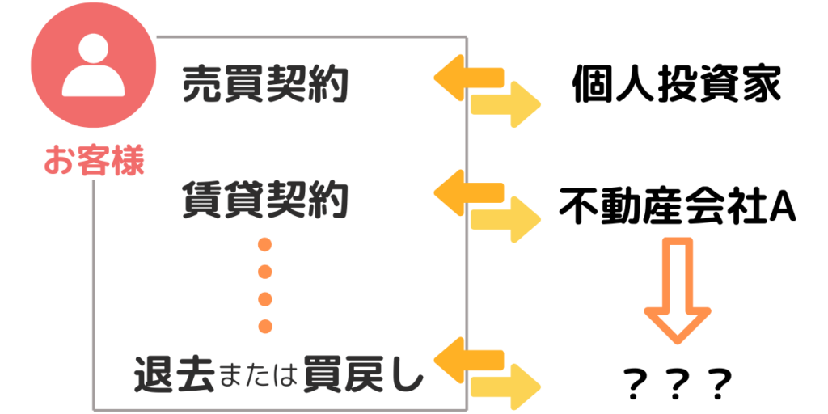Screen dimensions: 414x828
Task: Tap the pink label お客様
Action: pyautogui.click(x=93, y=162)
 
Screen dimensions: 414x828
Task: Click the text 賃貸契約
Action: pyautogui.click(x=265, y=201)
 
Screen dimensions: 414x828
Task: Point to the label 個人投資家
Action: pyautogui.click(x=677, y=84)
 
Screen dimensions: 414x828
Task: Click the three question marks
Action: pyautogui.click(x=678, y=380)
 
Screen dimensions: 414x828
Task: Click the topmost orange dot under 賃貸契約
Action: pyautogui.click(x=264, y=245)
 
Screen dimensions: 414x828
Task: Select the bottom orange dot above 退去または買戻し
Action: pyautogui.click(x=264, y=326)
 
